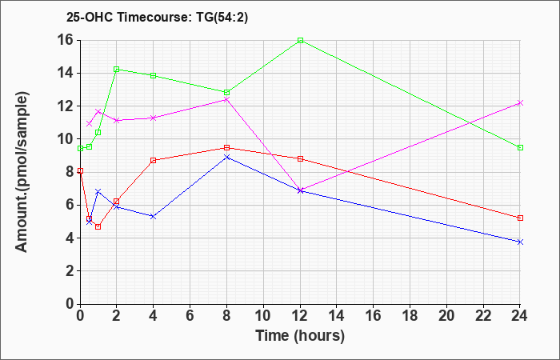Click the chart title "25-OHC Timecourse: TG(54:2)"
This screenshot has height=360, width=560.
pos(157,18)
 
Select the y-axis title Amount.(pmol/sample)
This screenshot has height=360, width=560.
pos(22,172)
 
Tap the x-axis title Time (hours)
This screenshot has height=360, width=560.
pos(300,336)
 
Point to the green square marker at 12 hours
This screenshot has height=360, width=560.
pos(300,40)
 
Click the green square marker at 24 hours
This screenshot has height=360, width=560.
pos(520,147)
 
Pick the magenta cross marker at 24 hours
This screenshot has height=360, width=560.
pos(520,103)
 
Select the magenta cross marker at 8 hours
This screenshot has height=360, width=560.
pos(226,100)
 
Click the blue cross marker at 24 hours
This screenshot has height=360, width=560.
pos(520,242)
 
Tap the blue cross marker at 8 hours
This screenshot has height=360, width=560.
pos(226,157)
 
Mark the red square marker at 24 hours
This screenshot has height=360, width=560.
pos(520,218)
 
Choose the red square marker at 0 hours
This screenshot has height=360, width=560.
pos(80,170)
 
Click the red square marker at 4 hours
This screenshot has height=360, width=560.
pos(154,160)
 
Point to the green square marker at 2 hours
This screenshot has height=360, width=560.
pos(117,70)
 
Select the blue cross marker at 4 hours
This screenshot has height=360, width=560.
pos(154,217)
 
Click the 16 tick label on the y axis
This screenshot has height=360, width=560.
pos(66,40)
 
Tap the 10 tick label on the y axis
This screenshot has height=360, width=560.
pos(66,139)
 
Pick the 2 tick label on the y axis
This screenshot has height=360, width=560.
pos(70,271)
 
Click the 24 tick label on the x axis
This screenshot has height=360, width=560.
pos(520,316)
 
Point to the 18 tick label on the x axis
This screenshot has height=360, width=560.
pos(410,316)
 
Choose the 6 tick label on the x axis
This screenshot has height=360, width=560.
pos(190,316)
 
